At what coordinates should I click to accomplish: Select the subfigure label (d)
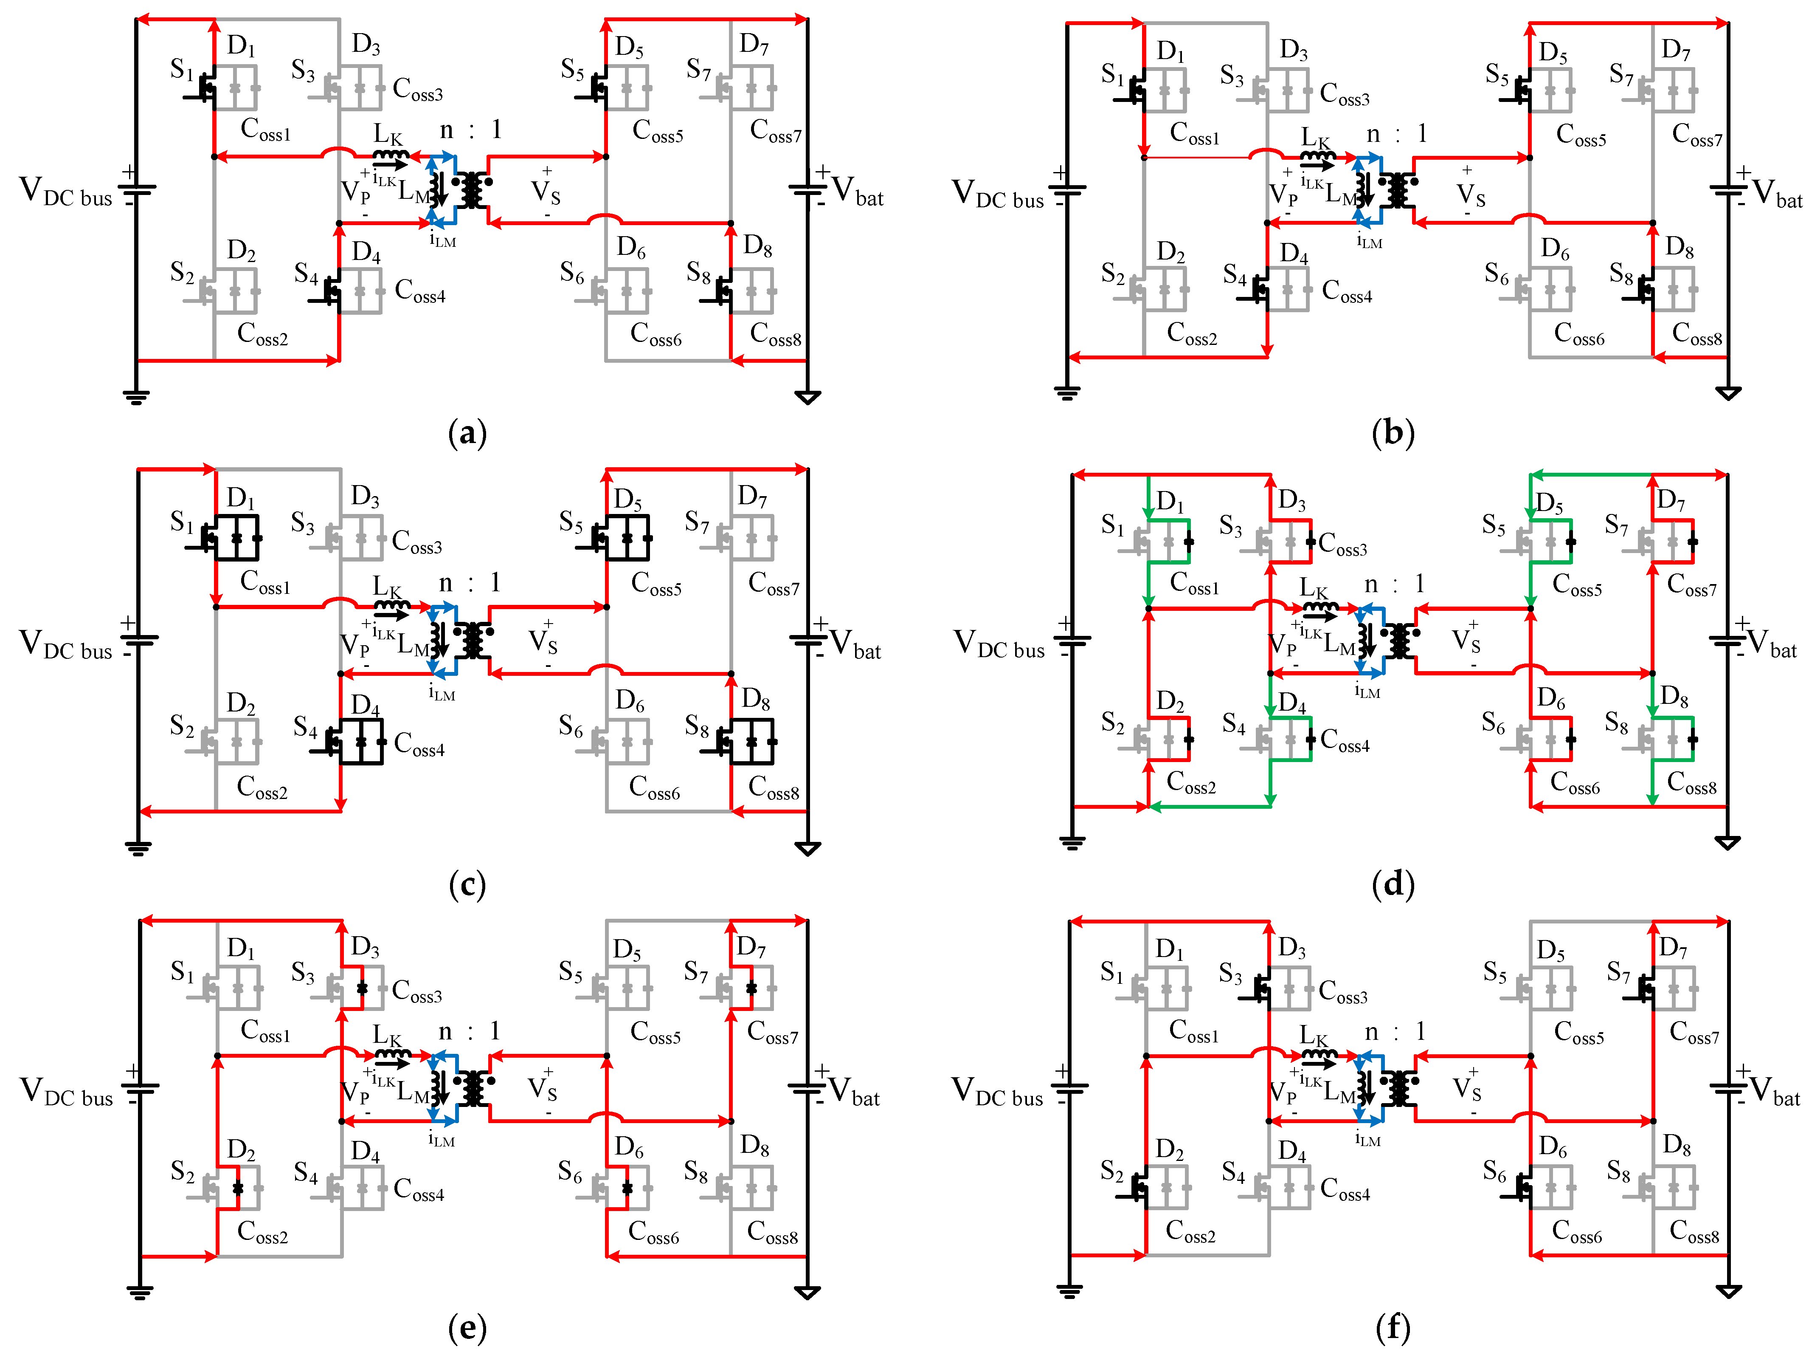click(1393, 884)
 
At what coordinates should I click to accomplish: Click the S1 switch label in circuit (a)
click(182, 70)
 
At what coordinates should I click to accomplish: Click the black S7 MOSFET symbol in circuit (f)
click(1641, 989)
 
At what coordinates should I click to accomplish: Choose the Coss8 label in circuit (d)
click(1691, 783)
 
